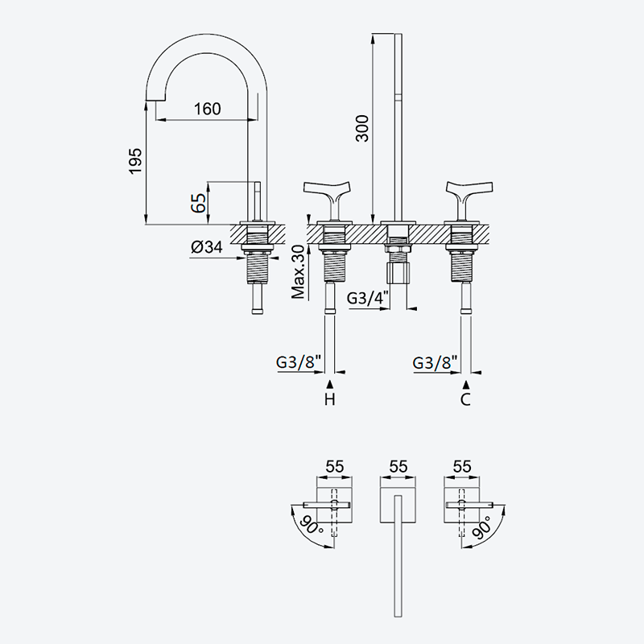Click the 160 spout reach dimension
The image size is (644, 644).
[x=208, y=109]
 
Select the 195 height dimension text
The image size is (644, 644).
[x=135, y=161]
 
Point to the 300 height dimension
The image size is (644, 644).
[x=362, y=129]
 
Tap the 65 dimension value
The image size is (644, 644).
[x=199, y=203]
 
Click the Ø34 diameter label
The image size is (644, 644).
[x=207, y=247]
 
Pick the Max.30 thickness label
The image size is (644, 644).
[x=299, y=272]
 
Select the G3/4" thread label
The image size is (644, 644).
[x=368, y=298]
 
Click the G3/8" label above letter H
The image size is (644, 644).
[x=298, y=362]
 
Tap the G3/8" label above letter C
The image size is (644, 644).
[x=435, y=363]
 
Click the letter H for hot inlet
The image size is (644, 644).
[x=330, y=399]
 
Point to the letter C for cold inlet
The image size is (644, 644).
[x=465, y=399]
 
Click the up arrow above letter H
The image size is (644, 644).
[x=329, y=385]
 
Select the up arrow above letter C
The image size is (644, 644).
[x=465, y=385]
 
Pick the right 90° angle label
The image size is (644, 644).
[x=482, y=527]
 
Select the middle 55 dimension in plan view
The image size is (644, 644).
[x=398, y=467]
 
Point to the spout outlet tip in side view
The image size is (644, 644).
[x=155, y=97]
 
